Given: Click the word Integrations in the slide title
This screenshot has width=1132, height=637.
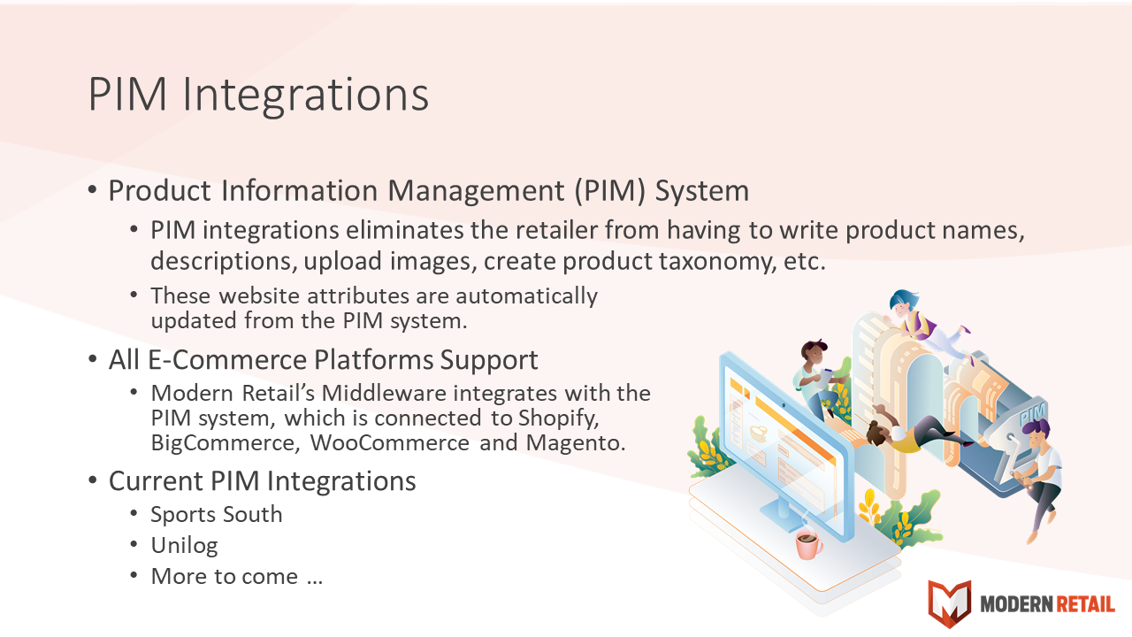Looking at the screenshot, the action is pos(305,95).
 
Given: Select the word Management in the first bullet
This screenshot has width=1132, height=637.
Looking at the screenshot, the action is pos(476,190).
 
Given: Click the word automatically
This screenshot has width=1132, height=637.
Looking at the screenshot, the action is pos(526,295).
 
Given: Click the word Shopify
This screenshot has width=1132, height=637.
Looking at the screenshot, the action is pos(558,418).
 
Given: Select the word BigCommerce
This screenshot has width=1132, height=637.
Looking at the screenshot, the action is pos(223,442).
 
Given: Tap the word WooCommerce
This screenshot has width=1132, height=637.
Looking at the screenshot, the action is pos(390,442).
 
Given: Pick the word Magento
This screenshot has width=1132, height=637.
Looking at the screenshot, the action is pos(576,443).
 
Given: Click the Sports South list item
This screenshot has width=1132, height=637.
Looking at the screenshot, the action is pos(217,514).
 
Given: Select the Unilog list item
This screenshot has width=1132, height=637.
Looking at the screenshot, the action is pos(185,546).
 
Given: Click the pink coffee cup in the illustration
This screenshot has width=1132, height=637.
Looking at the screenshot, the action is pos(808,543).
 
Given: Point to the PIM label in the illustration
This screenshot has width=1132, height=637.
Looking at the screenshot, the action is pos(1032,415).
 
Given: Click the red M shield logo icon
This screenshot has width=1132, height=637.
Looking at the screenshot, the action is pos(950,603).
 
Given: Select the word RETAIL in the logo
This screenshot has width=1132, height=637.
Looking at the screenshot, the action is pos(1085,603).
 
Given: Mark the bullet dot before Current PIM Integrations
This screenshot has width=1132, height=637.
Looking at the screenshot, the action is pos(93,480).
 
